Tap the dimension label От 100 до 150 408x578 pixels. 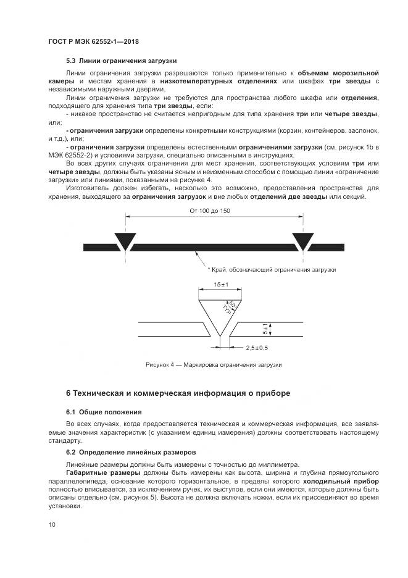215,211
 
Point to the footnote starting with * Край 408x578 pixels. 272,270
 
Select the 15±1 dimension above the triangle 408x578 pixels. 221,285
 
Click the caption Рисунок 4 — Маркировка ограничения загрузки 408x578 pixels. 214,365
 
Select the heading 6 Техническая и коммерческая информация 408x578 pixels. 178,393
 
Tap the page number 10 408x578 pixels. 51,525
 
